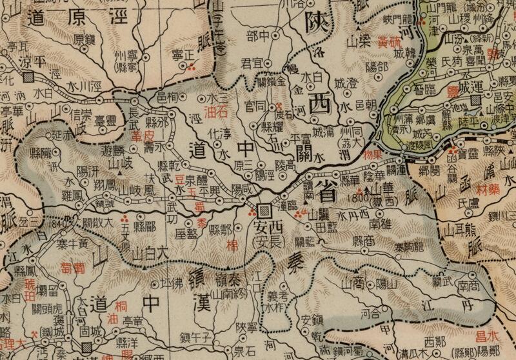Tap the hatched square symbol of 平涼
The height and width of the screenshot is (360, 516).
pos(29,77)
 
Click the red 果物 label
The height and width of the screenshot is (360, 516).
pos(373,155)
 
